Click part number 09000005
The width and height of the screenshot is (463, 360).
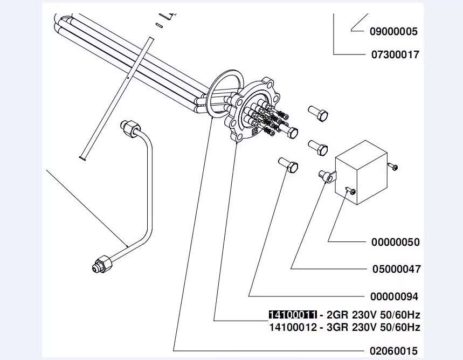[393, 32]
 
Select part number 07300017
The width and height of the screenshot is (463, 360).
[395, 54]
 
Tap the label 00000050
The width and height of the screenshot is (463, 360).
[396, 242]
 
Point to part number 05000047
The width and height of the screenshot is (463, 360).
[396, 269]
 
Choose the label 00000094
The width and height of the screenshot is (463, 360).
[394, 296]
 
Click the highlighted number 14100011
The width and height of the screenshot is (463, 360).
[293, 315]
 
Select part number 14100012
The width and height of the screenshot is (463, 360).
[293, 328]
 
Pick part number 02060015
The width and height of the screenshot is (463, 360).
[393, 351]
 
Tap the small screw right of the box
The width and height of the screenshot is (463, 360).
[393, 167]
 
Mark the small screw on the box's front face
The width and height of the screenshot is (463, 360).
[350, 191]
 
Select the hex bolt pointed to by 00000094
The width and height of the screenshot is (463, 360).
[288, 164]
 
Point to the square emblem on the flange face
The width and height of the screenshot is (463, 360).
[254, 131]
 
